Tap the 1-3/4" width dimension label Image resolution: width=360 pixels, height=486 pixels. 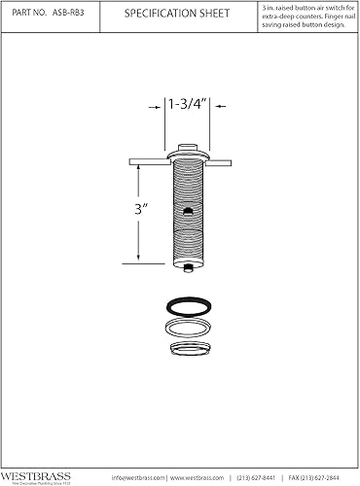coord(184,105)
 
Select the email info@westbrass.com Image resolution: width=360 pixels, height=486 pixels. coord(140,477)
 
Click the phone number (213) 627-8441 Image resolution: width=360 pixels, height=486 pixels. coord(256,477)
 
